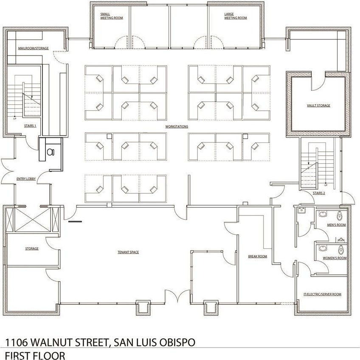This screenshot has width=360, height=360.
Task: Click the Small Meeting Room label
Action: (112, 16)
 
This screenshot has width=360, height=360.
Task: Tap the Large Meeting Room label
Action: (236, 16)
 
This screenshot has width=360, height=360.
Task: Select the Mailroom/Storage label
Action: (34, 48)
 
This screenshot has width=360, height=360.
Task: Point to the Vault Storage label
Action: (318, 106)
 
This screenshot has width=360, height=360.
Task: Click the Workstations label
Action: (177, 126)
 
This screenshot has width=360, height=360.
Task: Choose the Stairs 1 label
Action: (30, 126)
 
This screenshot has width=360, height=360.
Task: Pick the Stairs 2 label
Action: (319, 193)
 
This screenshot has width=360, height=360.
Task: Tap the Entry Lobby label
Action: (26, 179)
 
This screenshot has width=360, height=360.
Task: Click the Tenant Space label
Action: (128, 252)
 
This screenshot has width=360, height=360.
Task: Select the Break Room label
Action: (257, 256)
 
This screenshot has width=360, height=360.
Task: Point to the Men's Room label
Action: (336, 225)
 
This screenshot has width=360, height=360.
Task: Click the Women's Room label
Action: (335, 258)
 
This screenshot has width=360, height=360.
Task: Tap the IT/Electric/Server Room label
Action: (322, 294)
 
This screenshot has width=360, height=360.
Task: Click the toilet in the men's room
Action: (340, 216)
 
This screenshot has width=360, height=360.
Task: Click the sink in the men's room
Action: (323, 214)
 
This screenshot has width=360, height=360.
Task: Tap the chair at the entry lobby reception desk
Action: (51, 152)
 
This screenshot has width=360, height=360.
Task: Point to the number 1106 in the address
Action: (16, 342)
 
